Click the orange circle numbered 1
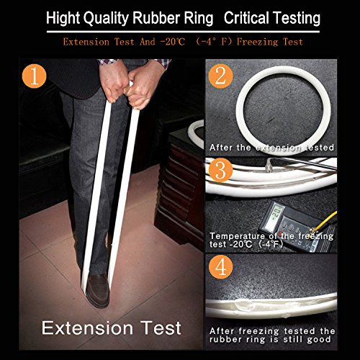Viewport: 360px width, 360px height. (x=34, y=76)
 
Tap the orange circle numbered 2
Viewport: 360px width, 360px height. (x=221, y=76)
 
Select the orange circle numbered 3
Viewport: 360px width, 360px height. (x=220, y=170)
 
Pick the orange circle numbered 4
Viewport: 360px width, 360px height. (x=221, y=267)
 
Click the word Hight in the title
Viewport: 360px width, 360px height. (x=63, y=18)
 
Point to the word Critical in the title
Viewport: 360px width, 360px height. (x=246, y=18)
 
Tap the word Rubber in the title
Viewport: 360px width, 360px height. (x=156, y=18)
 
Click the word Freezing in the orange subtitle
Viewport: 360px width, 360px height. (x=257, y=42)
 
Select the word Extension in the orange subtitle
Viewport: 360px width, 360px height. (x=86, y=42)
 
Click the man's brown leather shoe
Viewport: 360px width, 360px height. (x=98, y=290)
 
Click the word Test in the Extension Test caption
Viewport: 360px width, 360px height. (x=161, y=328)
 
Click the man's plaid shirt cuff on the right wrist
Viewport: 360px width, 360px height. (x=162, y=63)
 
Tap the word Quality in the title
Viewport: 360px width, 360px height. (x=107, y=19)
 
